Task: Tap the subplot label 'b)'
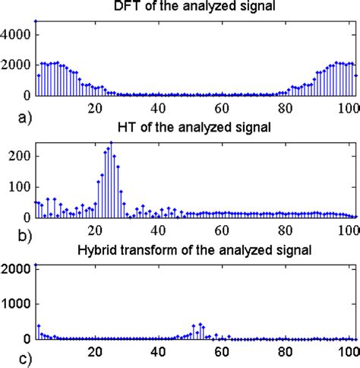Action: [10, 236]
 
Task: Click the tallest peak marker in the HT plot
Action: [111, 142]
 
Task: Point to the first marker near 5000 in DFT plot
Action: [36, 21]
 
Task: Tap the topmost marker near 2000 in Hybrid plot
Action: [36, 265]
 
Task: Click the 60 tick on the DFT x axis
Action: [221, 107]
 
